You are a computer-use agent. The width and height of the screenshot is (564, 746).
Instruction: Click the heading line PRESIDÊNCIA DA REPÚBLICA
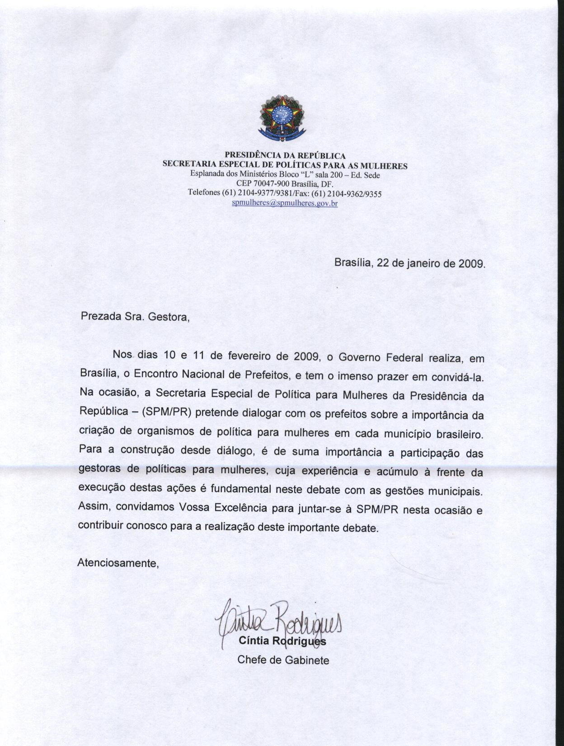tap(285, 156)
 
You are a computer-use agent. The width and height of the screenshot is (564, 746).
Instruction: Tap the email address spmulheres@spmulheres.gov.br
tap(285, 203)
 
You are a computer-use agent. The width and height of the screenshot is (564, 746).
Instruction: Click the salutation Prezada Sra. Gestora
tap(135, 316)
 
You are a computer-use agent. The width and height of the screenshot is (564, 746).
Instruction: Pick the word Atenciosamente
tap(119, 563)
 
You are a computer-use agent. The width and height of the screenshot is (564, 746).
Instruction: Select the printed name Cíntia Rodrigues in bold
tap(282, 641)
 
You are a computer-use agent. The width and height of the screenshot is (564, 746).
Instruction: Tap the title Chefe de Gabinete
tap(283, 660)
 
